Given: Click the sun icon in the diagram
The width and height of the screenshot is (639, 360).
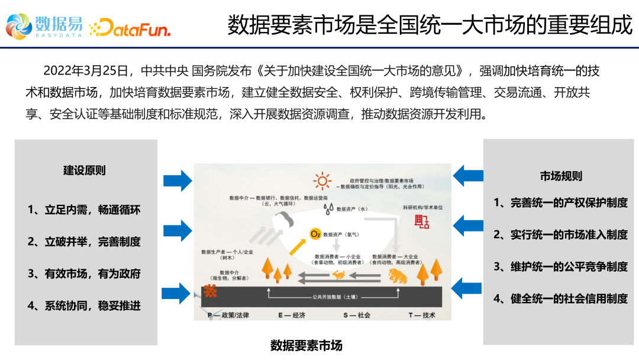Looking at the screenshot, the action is [x=322, y=181].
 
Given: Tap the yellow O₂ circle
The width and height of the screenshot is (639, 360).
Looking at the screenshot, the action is [x=315, y=234].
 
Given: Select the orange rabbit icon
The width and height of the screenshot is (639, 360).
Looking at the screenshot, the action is [x=340, y=274].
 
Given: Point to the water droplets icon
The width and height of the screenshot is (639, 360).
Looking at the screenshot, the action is [x=328, y=208].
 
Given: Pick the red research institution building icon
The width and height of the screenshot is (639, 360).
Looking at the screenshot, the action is [x=422, y=222].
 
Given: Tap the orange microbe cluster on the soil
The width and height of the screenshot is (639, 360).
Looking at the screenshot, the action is [x=209, y=291].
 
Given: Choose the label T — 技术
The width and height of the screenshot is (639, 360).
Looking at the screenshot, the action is [x=422, y=315].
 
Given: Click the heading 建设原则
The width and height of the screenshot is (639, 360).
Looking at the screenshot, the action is [x=85, y=171].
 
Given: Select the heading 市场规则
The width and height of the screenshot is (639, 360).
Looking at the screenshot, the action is [x=561, y=176].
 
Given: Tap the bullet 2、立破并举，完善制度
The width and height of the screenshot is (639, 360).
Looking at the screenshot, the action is [x=84, y=242].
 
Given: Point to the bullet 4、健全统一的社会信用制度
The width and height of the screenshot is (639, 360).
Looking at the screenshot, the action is [x=560, y=298].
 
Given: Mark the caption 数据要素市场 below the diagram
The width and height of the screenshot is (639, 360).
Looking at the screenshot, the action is [x=306, y=345].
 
